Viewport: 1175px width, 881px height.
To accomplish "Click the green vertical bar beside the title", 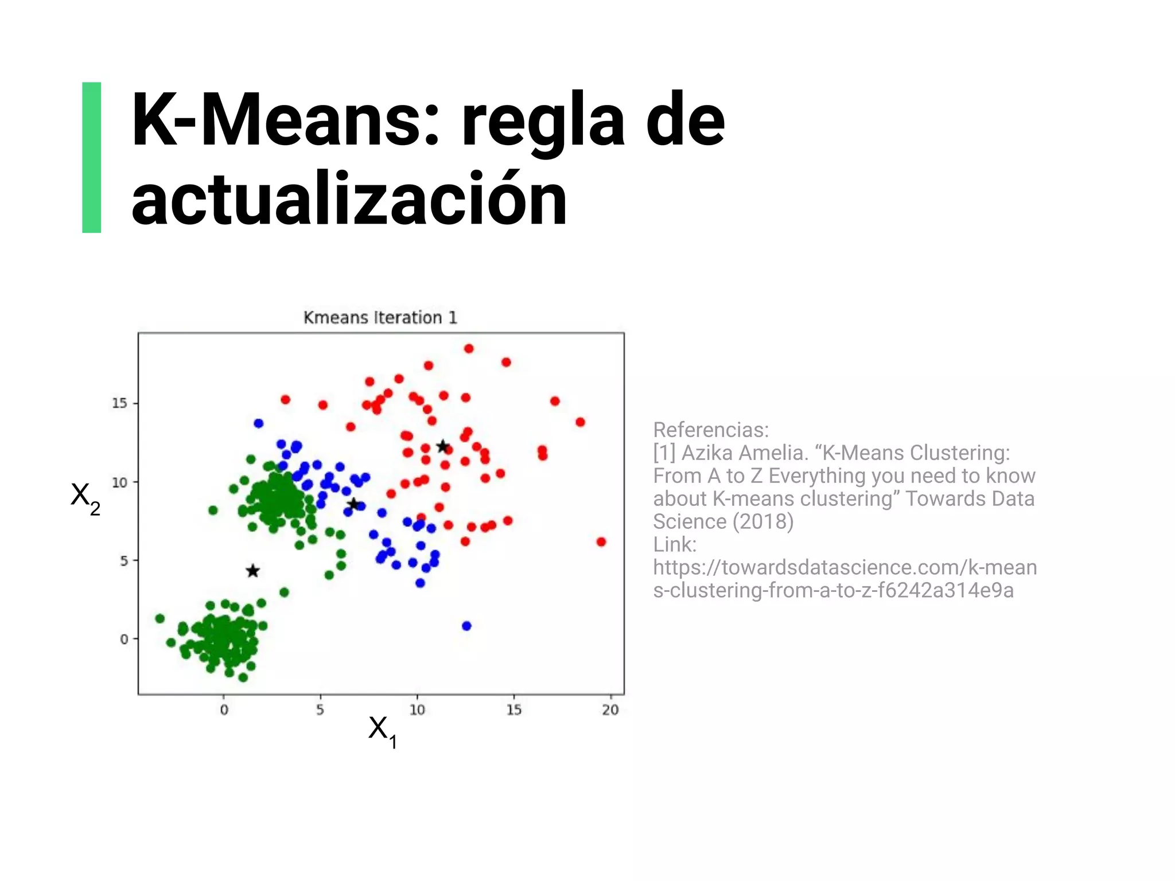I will [92, 158].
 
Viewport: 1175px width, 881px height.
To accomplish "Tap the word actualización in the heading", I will [349, 200].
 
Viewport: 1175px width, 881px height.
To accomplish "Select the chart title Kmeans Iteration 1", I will [380, 318].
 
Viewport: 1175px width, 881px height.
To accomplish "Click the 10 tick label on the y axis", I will [119, 482].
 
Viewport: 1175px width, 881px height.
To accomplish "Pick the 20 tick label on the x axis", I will [610, 710].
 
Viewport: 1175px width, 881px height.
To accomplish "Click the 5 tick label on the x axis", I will [320, 710].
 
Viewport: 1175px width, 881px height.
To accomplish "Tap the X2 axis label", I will [85, 496].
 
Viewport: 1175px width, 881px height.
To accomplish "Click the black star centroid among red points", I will [442, 446].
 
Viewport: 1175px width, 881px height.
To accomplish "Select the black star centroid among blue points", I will [353, 504].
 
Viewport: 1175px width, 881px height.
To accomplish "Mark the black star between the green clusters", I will [252, 571].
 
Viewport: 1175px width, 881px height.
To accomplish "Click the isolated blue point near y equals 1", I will [466, 626].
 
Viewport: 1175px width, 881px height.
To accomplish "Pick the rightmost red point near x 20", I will [601, 542].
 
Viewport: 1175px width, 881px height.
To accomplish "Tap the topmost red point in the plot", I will [469, 349].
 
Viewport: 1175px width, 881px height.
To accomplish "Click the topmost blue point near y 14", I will [259, 423].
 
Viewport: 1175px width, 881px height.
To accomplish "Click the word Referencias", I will [710, 430].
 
